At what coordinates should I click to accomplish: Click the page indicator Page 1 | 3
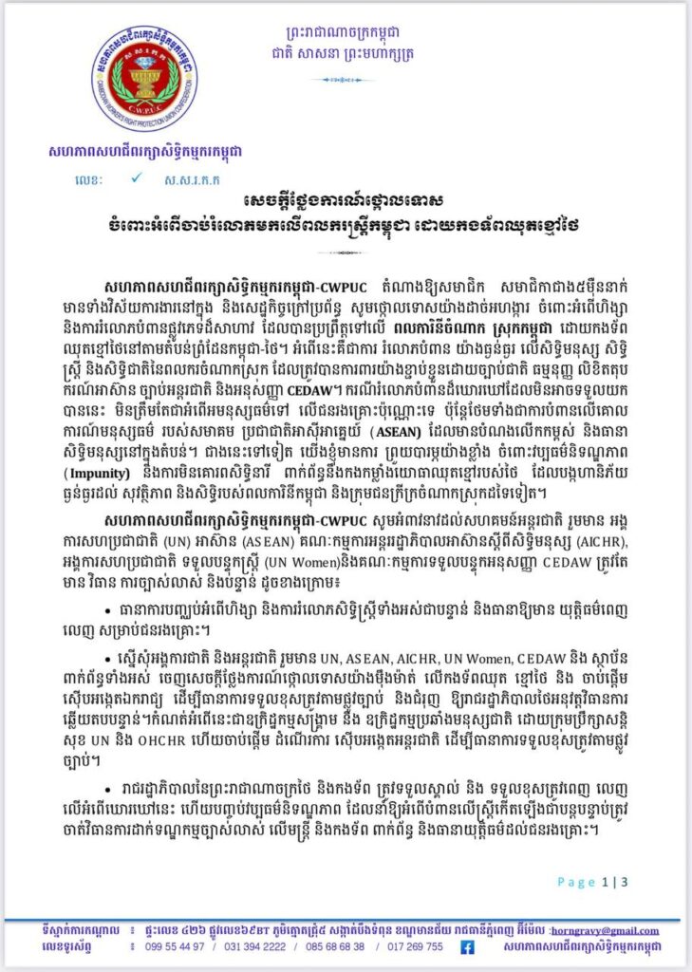tap(592, 882)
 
